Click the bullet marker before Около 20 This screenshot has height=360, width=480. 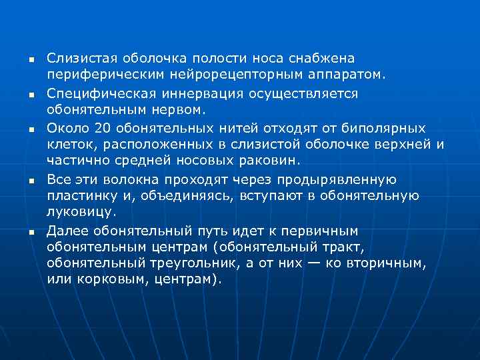31,128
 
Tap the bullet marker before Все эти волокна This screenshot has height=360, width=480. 31,179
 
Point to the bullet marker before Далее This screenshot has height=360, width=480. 31,231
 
